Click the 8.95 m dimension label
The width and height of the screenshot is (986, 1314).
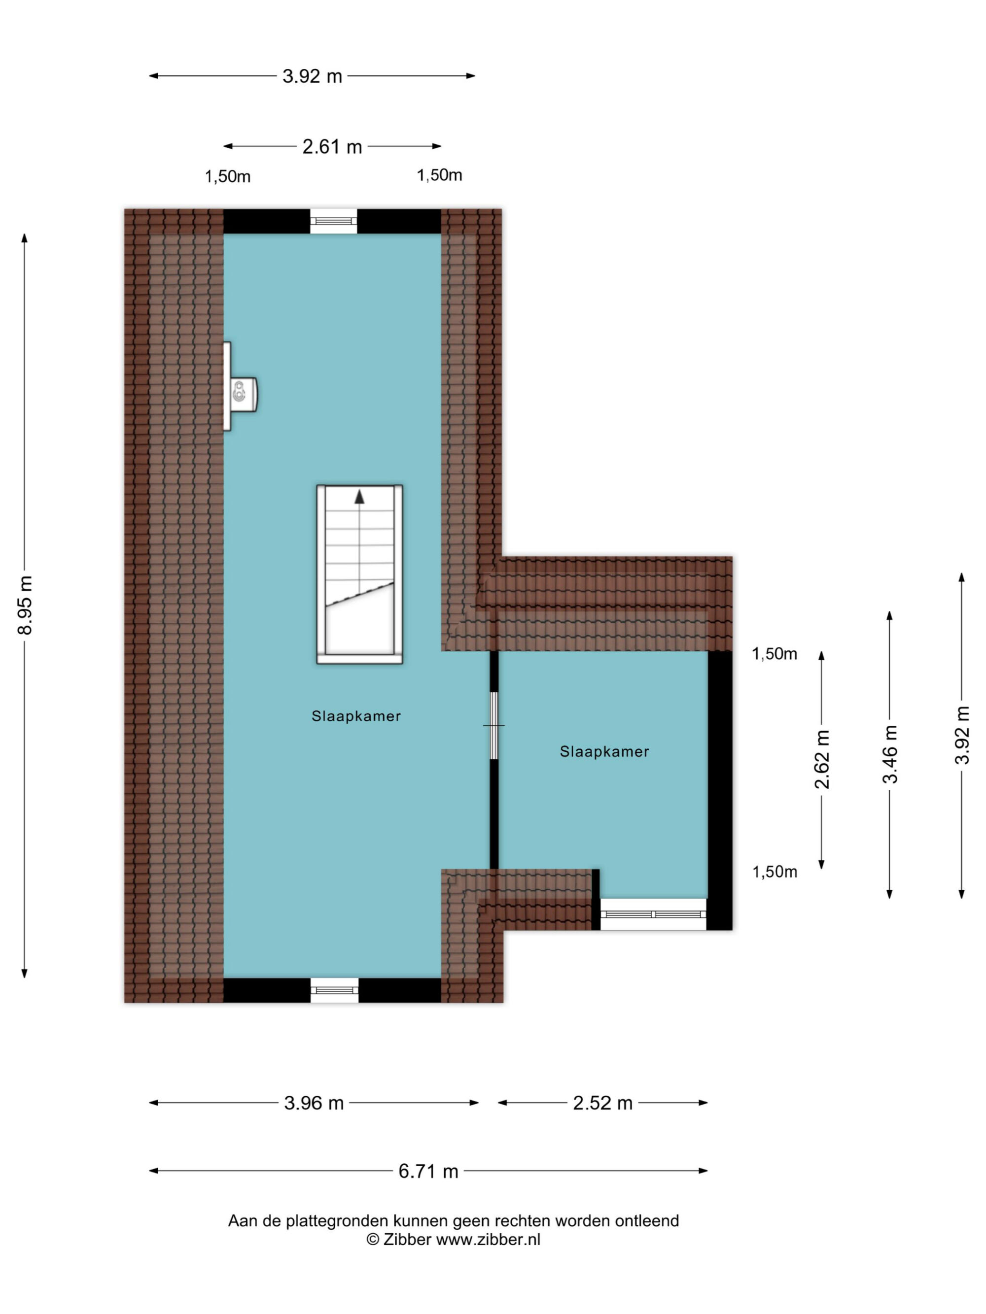coord(25,604)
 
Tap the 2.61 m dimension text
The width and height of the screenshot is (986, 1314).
coord(332,146)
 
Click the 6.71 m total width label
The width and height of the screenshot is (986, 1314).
coord(428,1171)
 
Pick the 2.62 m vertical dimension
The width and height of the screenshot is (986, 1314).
coord(822,759)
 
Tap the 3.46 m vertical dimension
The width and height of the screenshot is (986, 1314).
coord(890,754)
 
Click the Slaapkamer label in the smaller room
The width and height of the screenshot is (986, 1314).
coord(604,751)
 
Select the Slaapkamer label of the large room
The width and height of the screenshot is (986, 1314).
coord(356,716)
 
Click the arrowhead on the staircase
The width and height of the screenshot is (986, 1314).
coord(359,497)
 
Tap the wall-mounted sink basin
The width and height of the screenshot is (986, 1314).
coord(241,394)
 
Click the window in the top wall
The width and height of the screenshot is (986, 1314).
coord(333,221)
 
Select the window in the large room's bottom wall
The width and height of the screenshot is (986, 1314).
coord(335,990)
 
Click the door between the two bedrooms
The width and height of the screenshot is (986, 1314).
coord(493,725)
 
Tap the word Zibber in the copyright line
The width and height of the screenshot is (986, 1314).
coord(407,1239)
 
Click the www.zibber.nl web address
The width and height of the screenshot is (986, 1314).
coord(489,1239)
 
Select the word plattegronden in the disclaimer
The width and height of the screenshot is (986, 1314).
coord(336,1221)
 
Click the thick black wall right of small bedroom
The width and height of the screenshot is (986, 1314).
coord(720,790)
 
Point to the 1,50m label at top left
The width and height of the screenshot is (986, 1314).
coord(228,176)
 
